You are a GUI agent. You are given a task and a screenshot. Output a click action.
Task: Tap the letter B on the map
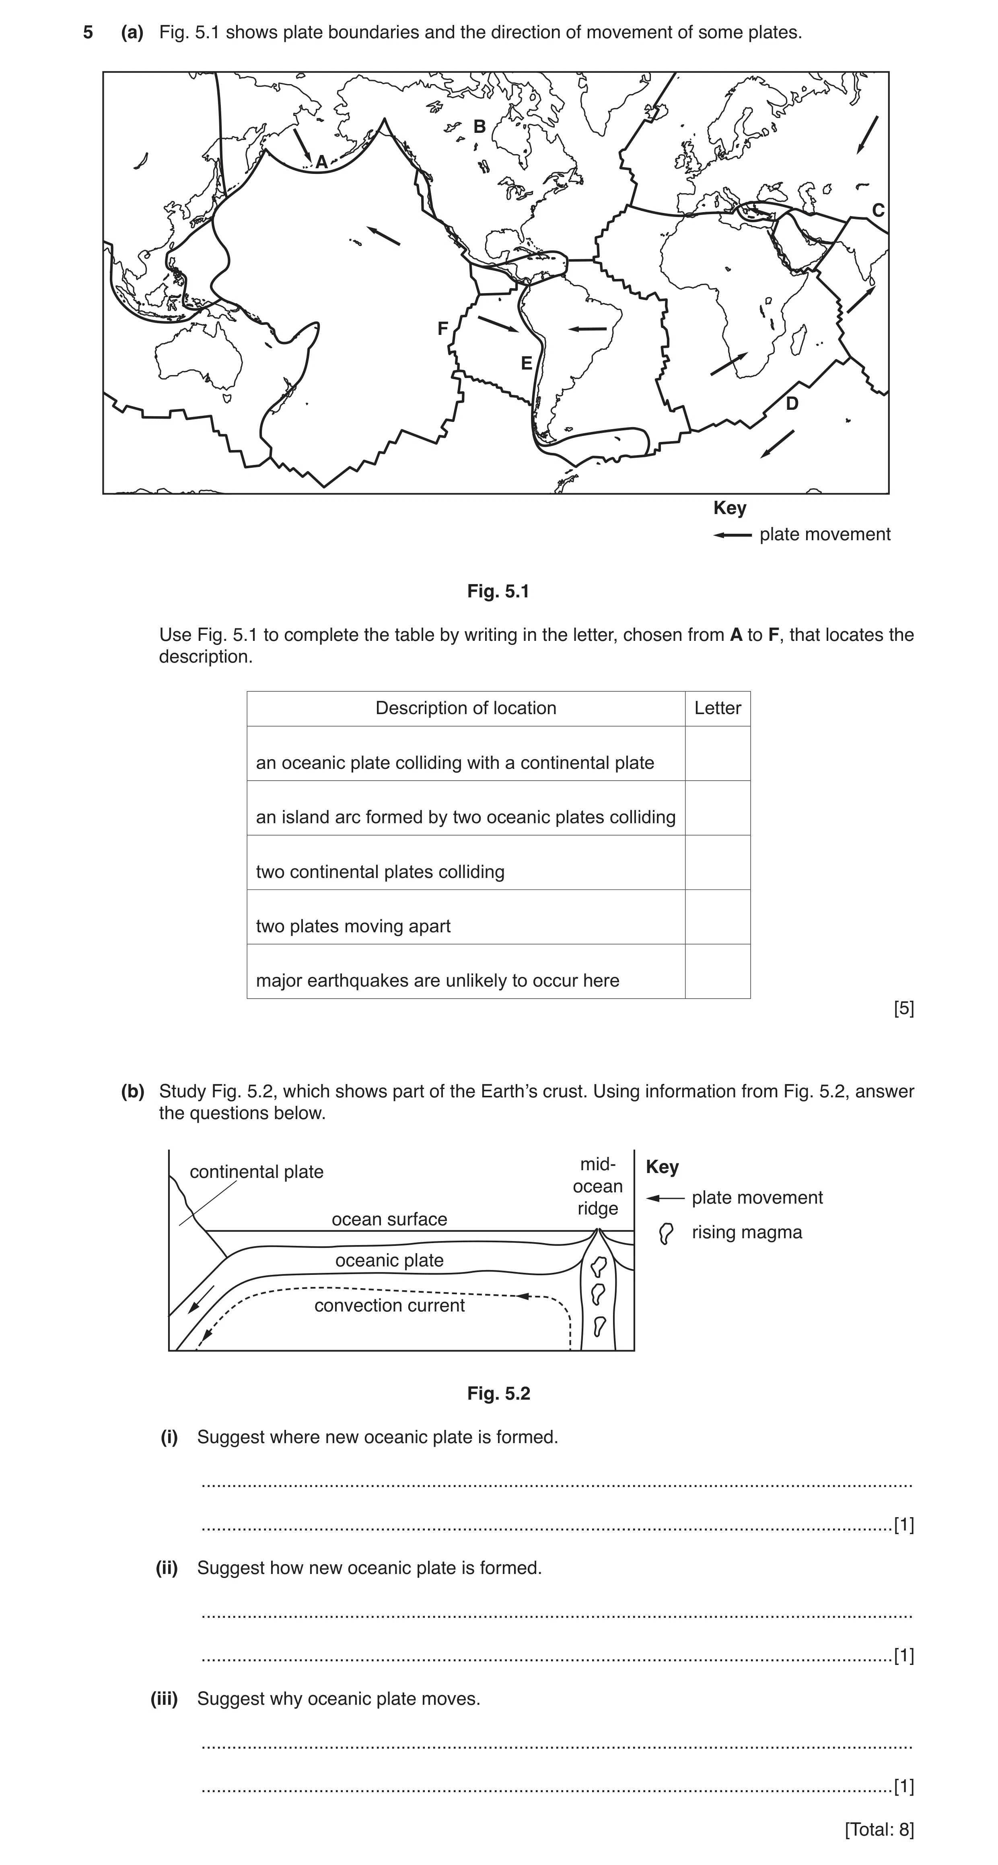click(x=479, y=127)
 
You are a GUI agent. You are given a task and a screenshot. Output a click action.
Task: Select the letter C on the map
click(x=878, y=211)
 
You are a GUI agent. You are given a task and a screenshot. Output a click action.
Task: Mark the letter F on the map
click(x=443, y=329)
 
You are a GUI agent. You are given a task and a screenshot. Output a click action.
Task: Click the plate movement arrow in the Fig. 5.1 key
click(x=733, y=535)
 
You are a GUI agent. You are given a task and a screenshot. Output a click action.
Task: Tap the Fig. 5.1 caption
click(x=499, y=591)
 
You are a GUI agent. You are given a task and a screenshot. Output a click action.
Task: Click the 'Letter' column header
click(x=717, y=708)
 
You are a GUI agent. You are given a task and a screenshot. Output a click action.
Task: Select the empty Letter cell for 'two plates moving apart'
click(x=717, y=917)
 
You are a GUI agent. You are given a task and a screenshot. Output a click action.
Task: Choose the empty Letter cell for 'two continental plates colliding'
click(x=717, y=862)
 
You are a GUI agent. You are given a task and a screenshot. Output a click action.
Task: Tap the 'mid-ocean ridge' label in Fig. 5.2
click(x=598, y=1186)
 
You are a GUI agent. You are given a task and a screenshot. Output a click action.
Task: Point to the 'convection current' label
click(x=389, y=1305)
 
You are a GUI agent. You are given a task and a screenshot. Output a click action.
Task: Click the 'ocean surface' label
click(x=389, y=1219)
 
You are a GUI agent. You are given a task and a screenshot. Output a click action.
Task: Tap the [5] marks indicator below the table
click(x=904, y=1008)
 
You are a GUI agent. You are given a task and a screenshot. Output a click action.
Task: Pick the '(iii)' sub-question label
click(x=164, y=1698)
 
